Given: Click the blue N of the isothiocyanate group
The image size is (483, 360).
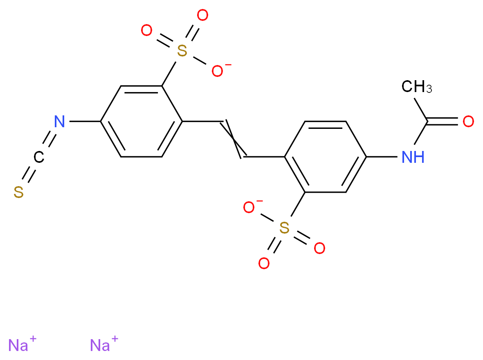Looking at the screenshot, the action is tap(59, 122).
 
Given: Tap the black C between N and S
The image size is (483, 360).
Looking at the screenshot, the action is tap(39, 157).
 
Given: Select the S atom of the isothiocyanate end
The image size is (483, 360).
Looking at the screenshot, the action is tap(18, 192).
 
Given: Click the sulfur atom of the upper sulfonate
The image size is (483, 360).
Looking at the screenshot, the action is tap(182, 51).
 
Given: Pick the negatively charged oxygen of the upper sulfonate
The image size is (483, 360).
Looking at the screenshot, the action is tap(218, 71).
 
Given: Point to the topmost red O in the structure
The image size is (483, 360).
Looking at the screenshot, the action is tap(202, 15).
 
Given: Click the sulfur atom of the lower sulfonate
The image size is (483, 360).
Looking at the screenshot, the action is tap(284, 228).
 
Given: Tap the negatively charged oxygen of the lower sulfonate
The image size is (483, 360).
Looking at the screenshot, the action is tap(249, 207).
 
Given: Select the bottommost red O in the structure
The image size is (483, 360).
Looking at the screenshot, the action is tap(264, 263).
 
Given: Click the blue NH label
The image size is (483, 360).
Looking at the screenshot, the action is tap(413, 157).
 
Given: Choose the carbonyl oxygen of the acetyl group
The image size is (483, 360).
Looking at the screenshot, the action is tap(468, 122).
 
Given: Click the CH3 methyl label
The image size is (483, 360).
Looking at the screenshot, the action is tap(416, 86).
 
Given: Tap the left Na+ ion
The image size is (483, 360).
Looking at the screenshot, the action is tap(22, 344).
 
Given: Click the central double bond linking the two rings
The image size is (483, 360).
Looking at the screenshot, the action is tap(233, 139).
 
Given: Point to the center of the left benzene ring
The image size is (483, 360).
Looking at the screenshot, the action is tap(142, 122).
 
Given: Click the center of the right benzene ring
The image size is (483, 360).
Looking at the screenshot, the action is tap(325, 157).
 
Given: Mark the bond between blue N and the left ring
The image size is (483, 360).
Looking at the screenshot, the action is tap(85, 122).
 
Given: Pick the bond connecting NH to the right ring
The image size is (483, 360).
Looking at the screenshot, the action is tap(382, 157).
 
